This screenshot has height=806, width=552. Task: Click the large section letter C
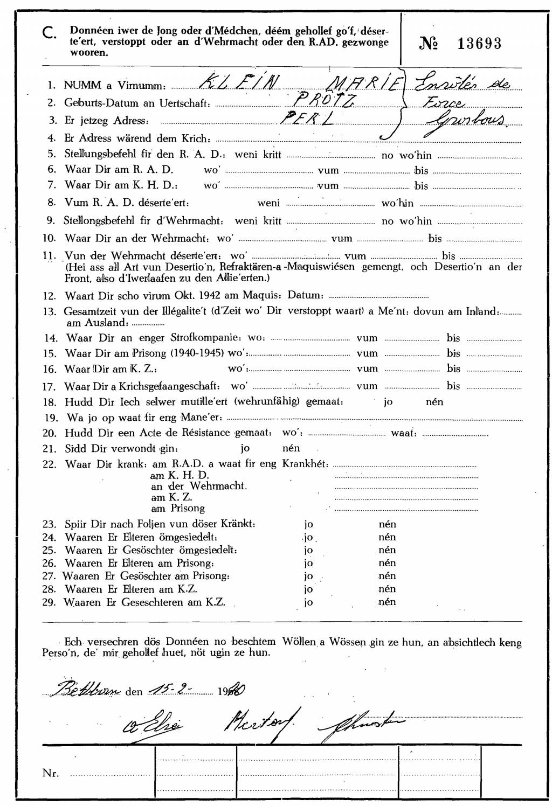coord(49,34)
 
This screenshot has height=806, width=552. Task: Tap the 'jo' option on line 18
coord(388,402)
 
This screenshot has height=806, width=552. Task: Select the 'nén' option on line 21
coord(291,448)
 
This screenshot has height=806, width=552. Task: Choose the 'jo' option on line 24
coord(308,537)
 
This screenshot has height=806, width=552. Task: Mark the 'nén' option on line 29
coord(387,602)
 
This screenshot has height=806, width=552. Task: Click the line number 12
coord(50,295)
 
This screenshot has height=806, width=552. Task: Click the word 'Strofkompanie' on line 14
coord(204,338)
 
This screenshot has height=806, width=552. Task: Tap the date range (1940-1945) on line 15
coord(199,353)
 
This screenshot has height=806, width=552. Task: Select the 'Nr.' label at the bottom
coord(50,773)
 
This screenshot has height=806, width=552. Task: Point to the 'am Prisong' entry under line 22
coord(177,508)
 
